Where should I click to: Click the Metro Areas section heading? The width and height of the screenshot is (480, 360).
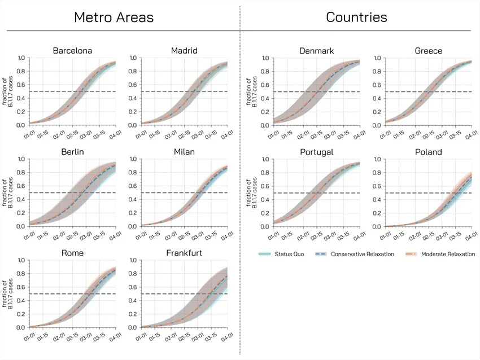pyautogui.click(x=114, y=17)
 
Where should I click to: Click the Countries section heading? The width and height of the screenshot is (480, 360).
pyautogui.click(x=356, y=17)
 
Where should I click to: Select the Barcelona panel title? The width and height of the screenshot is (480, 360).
pyautogui.click(x=72, y=51)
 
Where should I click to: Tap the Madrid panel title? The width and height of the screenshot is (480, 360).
pyautogui.click(x=184, y=51)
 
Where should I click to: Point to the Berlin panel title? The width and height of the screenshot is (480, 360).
pyautogui.click(x=72, y=152)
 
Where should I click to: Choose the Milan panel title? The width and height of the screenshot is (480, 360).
pyautogui.click(x=184, y=152)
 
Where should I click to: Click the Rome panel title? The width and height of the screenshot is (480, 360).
pyautogui.click(x=72, y=253)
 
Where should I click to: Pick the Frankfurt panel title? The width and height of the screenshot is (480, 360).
pyautogui.click(x=184, y=253)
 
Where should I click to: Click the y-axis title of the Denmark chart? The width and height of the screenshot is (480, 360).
pyautogui.click(x=252, y=92)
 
